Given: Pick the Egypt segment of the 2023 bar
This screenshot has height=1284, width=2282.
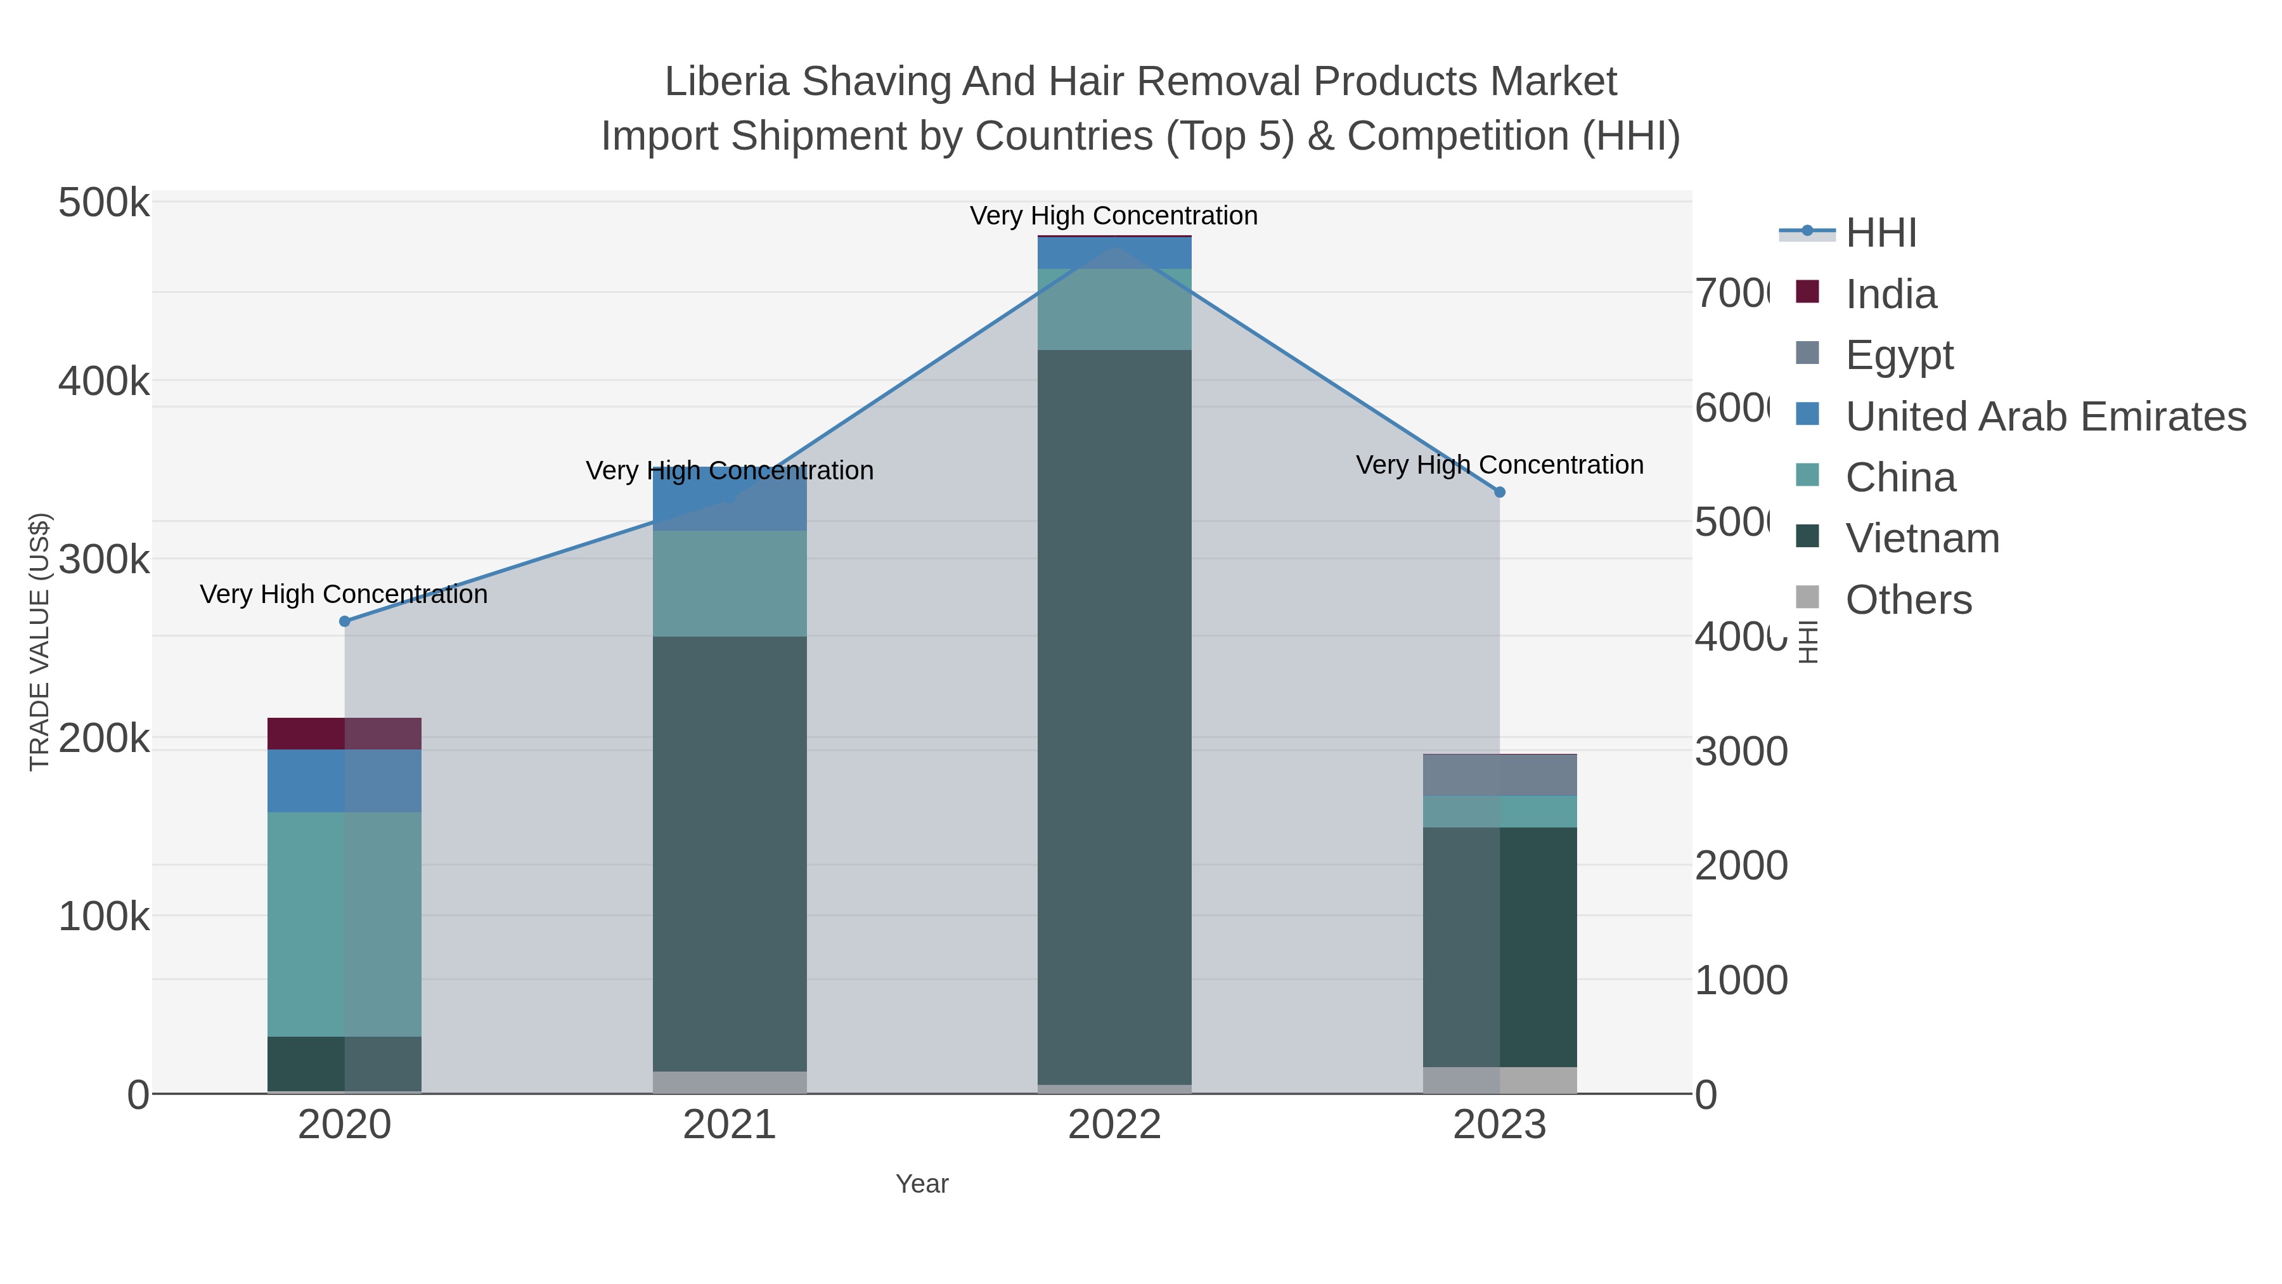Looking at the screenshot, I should click(1499, 775).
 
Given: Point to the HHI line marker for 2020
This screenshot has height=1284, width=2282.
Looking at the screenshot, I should click(345, 621).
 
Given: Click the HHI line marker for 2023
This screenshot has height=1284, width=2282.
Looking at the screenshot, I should click(1499, 492).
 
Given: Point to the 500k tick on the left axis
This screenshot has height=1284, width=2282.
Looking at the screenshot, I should click(104, 203).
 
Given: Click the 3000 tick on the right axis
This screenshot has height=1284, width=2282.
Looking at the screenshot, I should click(1741, 751).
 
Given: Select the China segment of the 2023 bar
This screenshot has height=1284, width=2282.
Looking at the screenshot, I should click(1499, 811).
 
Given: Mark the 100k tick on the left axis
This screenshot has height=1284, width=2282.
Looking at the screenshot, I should click(104, 916).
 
